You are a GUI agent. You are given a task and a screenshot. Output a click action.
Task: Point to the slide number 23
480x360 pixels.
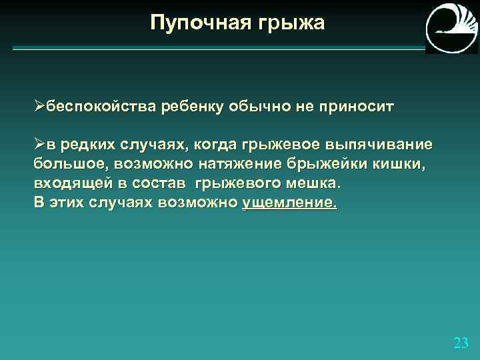[x=461, y=343]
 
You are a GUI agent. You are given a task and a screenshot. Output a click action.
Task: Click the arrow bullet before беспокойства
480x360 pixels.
[x=39, y=106]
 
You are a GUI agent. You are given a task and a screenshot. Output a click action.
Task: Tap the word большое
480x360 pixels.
[x=69, y=163]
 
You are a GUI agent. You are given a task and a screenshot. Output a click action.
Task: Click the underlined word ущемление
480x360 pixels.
[x=289, y=202]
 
